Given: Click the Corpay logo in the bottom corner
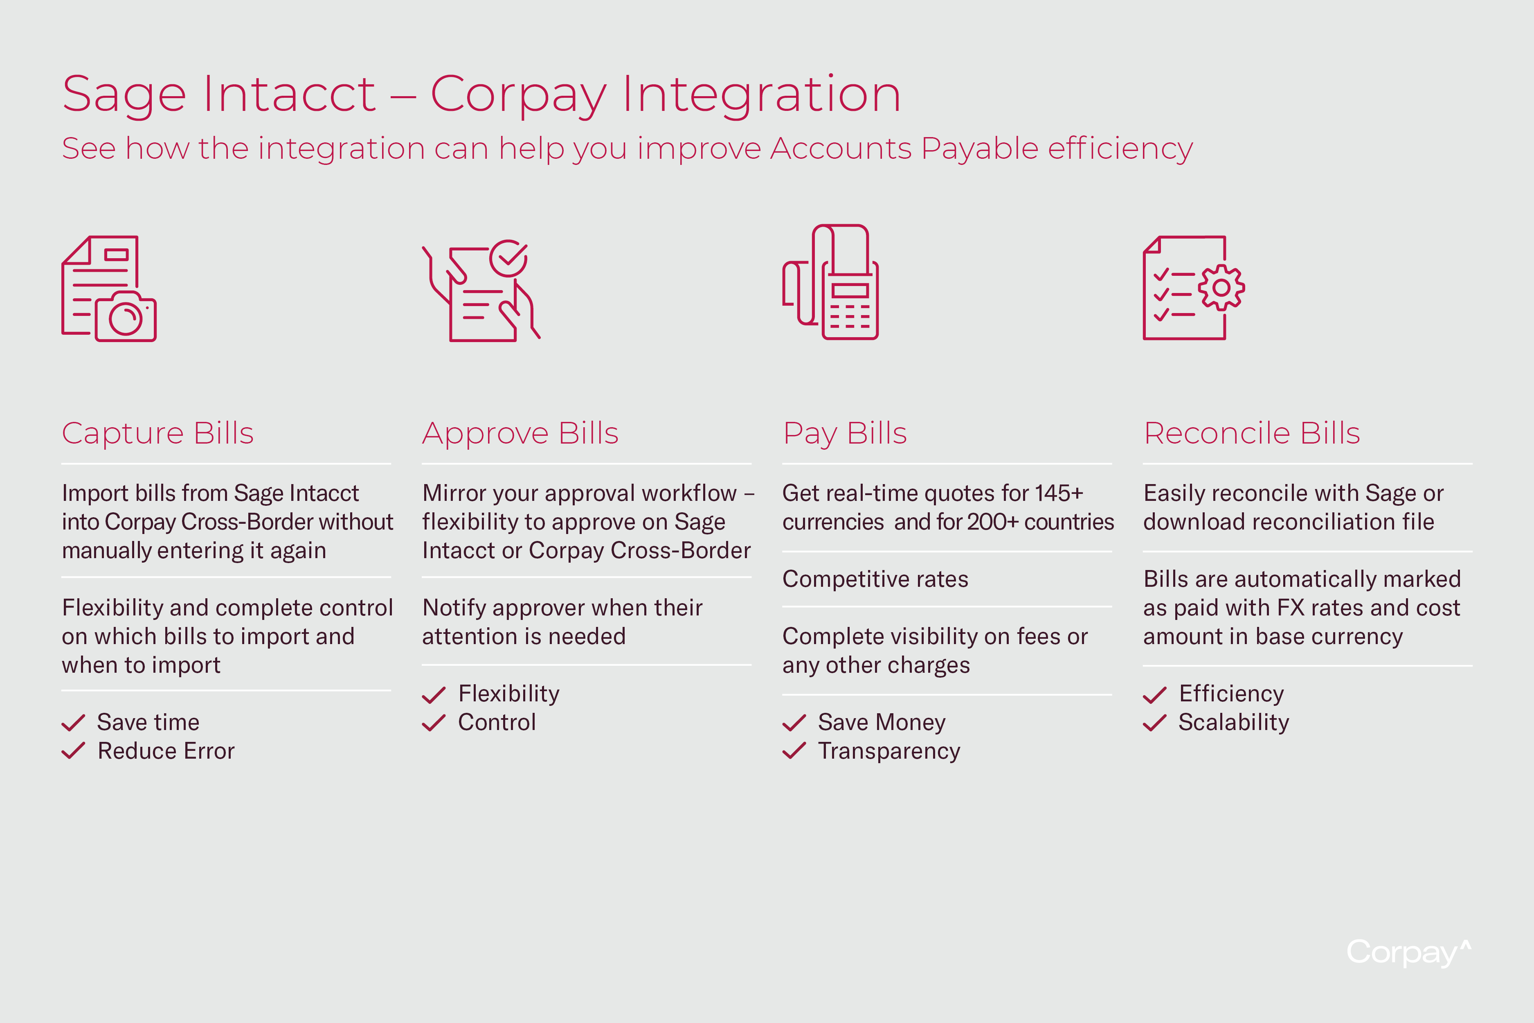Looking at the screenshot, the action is tap(1409, 953).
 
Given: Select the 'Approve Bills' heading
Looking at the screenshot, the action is tap(520, 433).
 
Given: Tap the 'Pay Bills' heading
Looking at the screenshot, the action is tap(845, 433).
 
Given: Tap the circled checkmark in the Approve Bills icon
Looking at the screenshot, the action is tap(509, 258).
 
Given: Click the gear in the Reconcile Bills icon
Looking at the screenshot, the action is tap(1221, 287).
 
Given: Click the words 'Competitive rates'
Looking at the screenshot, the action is tap(875, 579).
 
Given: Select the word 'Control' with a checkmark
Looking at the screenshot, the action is tap(497, 722).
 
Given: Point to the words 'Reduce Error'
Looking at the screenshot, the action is tap(166, 751).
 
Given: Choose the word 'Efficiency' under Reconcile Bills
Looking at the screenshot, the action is tap(1231, 694).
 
